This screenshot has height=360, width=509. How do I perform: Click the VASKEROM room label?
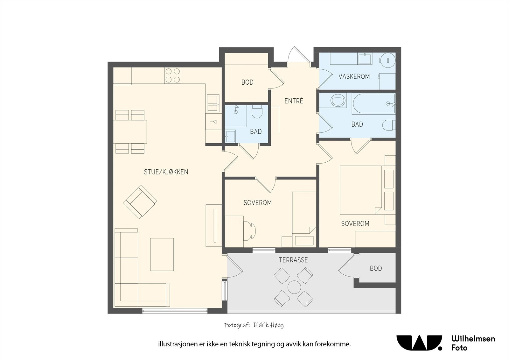tap(354, 76)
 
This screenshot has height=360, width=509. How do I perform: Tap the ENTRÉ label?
tap(294, 101)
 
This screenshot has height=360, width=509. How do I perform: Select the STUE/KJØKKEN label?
tap(166, 172)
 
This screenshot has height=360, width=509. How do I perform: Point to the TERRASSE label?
tap(293, 260)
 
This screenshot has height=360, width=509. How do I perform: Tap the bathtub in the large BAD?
tap(373, 104)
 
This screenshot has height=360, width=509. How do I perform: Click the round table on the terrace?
tap(294, 287)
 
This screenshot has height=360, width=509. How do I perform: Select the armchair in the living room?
tap(140, 202)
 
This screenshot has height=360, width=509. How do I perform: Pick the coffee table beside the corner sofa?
tap(162, 254)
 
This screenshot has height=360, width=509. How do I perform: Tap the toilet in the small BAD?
tap(257, 111)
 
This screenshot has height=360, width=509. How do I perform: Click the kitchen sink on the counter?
tap(213, 103)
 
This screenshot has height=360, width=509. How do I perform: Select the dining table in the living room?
tap(130, 132)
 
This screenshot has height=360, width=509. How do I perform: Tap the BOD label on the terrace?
tap(376, 268)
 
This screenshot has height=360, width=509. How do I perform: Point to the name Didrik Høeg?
tap(268, 325)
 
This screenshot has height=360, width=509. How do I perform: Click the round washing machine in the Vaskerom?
tap(388, 60)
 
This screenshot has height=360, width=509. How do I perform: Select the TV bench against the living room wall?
tap(213, 225)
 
